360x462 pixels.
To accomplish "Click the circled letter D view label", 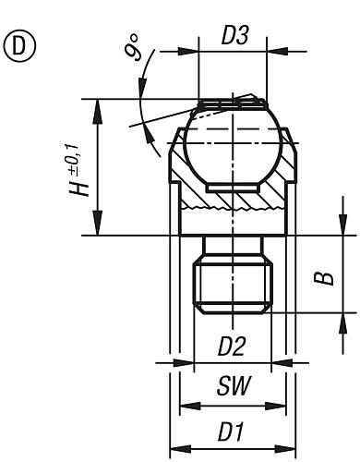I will [20, 44].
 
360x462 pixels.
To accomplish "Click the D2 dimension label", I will [232, 348].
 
